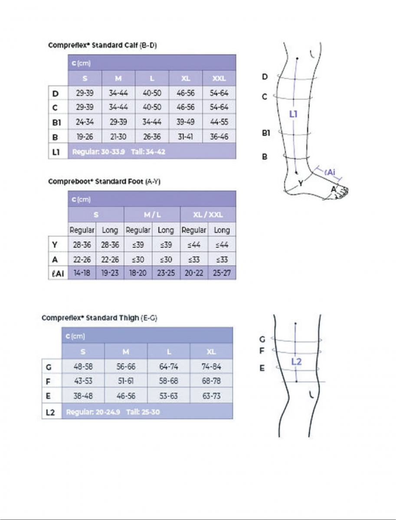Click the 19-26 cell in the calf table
click(85, 136)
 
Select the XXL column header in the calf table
click(219, 78)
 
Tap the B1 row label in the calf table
click(56, 122)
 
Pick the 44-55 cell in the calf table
click(219, 122)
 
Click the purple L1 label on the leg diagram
click(293, 114)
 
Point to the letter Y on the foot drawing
click(301, 183)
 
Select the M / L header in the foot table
click(152, 214)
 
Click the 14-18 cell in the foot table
click(82, 273)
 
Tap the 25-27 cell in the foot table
click(222, 273)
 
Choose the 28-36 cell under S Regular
click(82, 245)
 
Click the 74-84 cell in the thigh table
click(211, 367)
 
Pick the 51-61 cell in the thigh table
click(126, 381)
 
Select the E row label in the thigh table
click(48, 396)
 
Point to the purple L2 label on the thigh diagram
click(296, 362)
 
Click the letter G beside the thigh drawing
click(262, 339)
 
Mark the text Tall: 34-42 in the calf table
click(148, 152)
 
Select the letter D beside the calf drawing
click(265, 77)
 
